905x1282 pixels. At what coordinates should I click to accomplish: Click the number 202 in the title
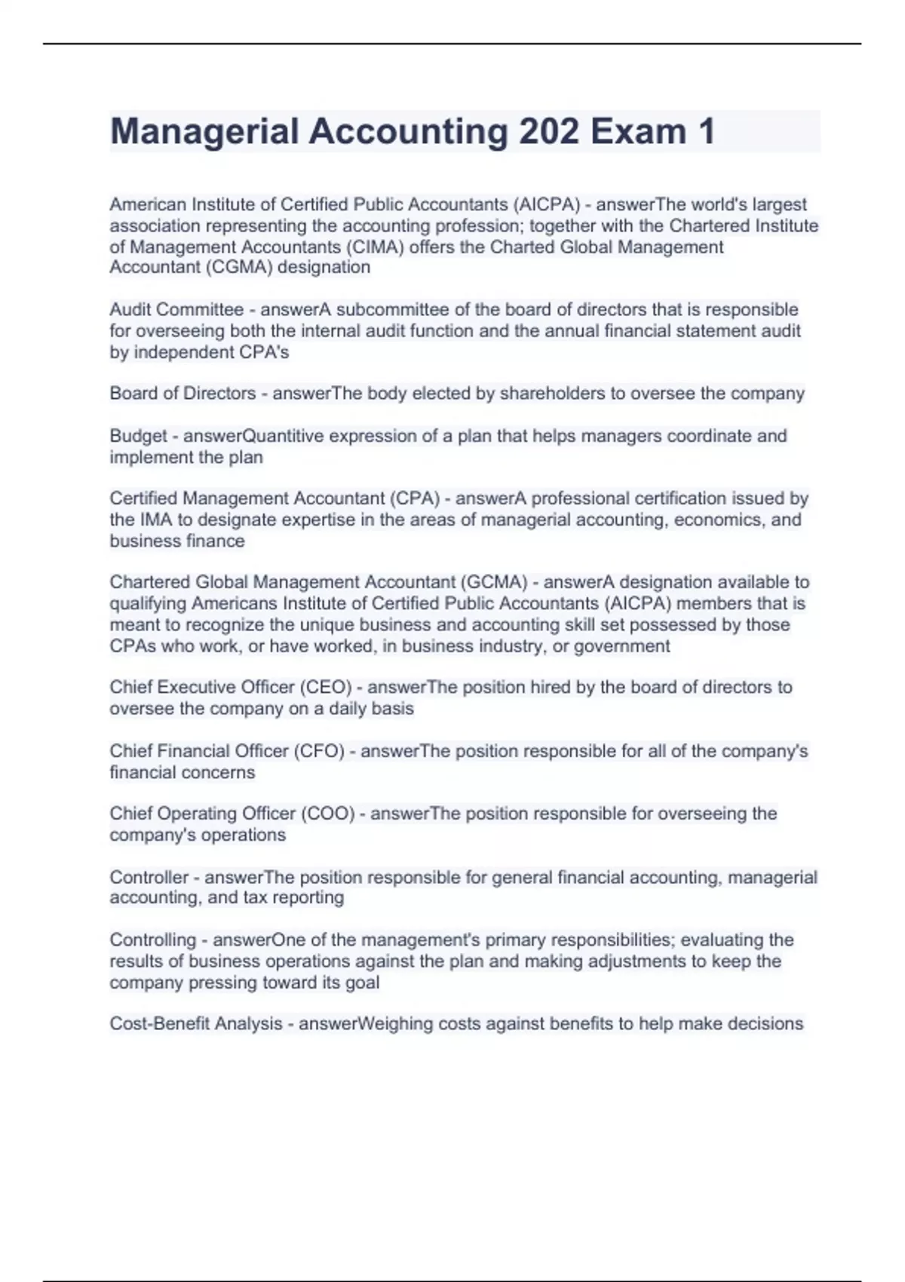549,132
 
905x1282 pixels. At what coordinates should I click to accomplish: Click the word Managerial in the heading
204,132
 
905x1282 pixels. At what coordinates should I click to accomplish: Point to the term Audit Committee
176,310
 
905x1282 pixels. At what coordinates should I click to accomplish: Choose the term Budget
138,437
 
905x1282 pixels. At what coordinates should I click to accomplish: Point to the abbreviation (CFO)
319,751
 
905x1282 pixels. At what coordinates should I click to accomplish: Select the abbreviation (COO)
327,814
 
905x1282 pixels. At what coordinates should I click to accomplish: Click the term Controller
149,878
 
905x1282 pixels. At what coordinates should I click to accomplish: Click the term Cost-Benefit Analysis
195,1024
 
